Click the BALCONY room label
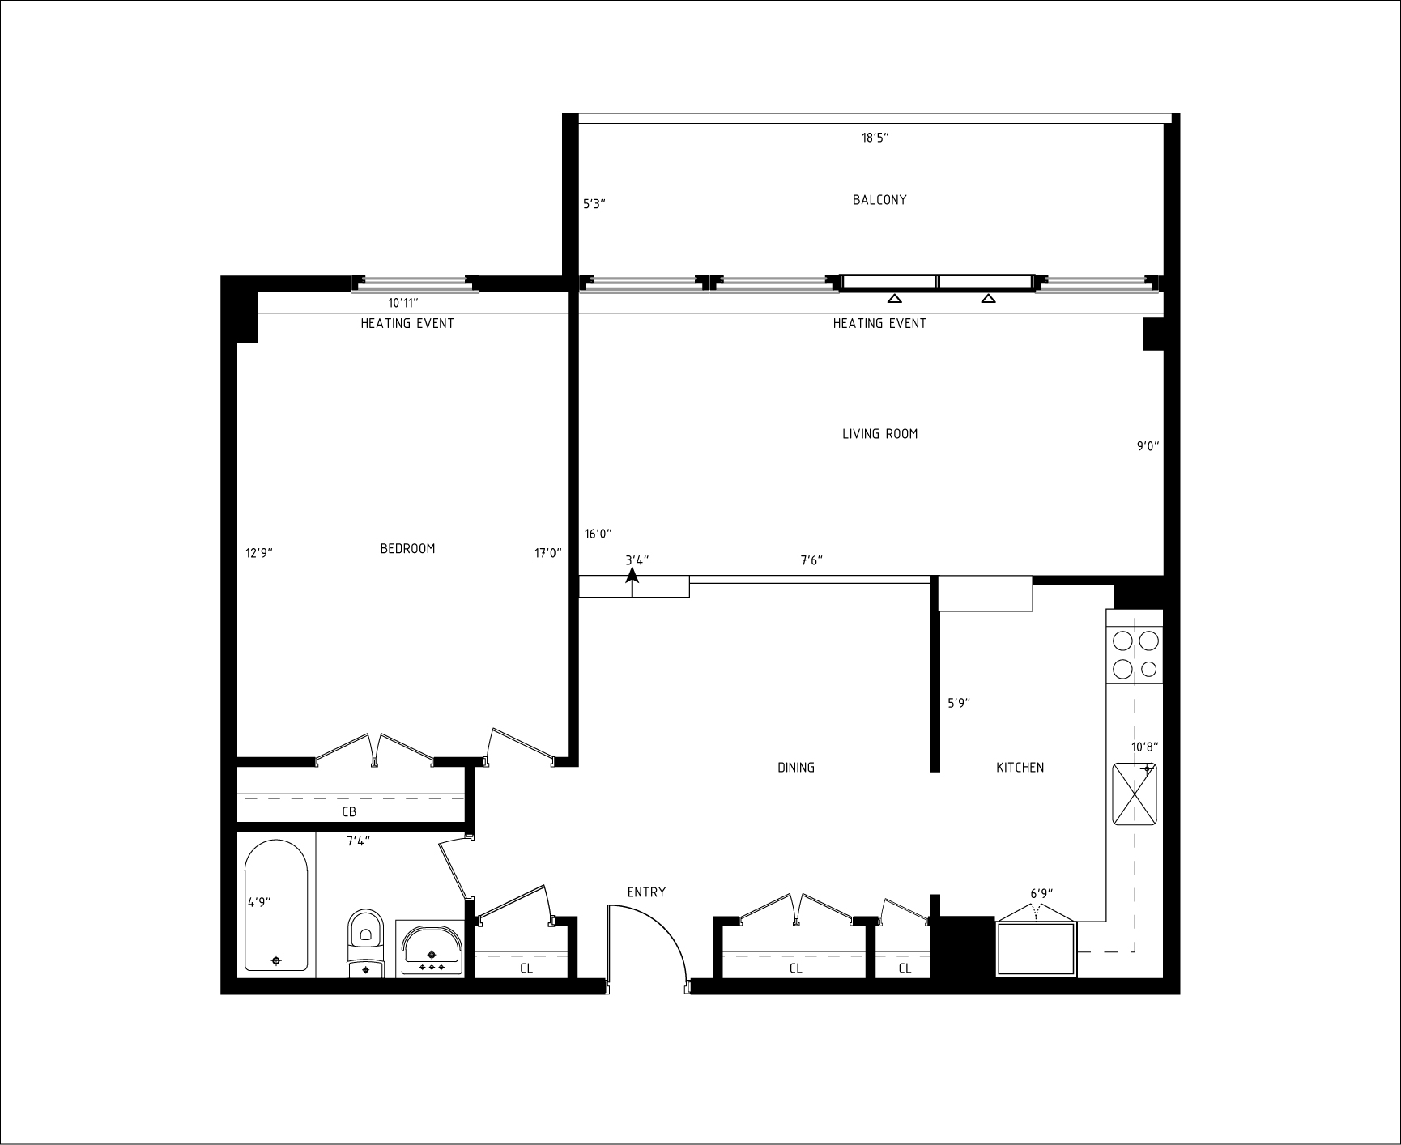879,200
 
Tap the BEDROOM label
407,548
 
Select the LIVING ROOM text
879,434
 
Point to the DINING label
796,768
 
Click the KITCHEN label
1020,768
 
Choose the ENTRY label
646,892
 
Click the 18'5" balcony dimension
875,138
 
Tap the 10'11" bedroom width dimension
402,303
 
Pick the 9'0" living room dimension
1148,445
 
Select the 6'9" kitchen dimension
1041,894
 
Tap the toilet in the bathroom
365,944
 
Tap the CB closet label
349,811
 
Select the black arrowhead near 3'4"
632,575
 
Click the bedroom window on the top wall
415,283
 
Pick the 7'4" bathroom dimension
359,841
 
